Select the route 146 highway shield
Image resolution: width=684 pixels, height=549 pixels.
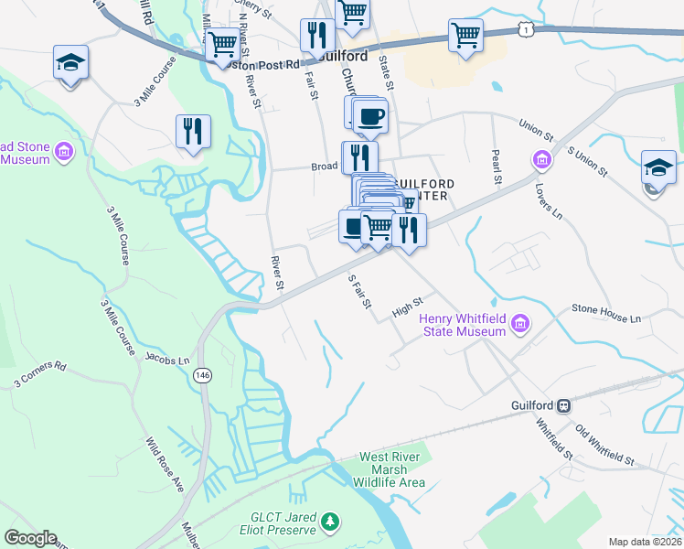(x=202, y=374)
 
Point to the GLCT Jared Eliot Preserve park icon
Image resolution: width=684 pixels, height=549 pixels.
(x=331, y=522)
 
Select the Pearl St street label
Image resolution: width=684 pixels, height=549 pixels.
(x=497, y=166)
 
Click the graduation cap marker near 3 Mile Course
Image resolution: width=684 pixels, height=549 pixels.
(x=70, y=62)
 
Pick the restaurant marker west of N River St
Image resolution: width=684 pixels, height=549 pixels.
(x=193, y=131)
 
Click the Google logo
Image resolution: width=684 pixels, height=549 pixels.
(x=31, y=538)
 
